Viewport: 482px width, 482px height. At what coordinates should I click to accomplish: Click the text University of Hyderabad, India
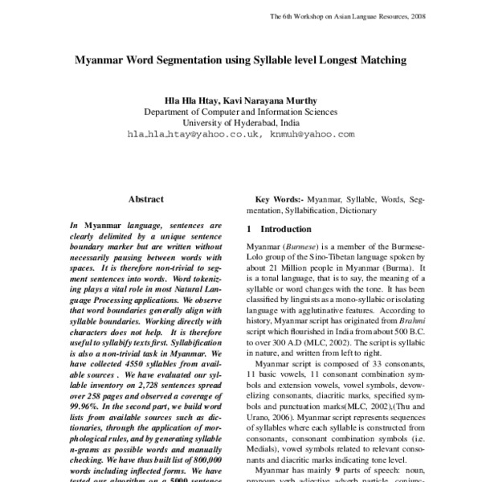click(x=240, y=124)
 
